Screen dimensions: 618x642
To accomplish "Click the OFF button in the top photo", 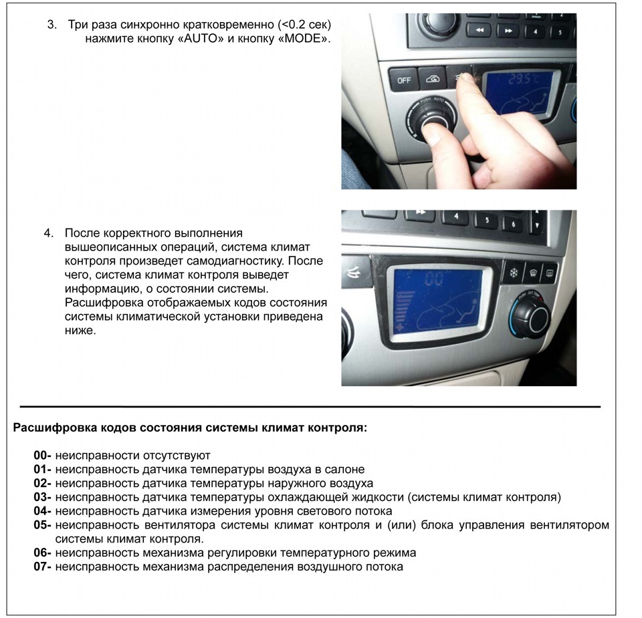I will coord(404,80).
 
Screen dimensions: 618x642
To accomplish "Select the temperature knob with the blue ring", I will coord(530,313).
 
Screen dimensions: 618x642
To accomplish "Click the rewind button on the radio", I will coord(479,30).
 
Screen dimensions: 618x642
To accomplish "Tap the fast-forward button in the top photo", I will coord(508,30).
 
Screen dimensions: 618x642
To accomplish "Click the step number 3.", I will coord(52,25).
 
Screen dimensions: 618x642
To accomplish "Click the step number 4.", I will coord(49,233).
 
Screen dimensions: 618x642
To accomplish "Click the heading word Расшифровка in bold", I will coord(56,428).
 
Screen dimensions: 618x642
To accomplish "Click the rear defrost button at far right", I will coord(548,273).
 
